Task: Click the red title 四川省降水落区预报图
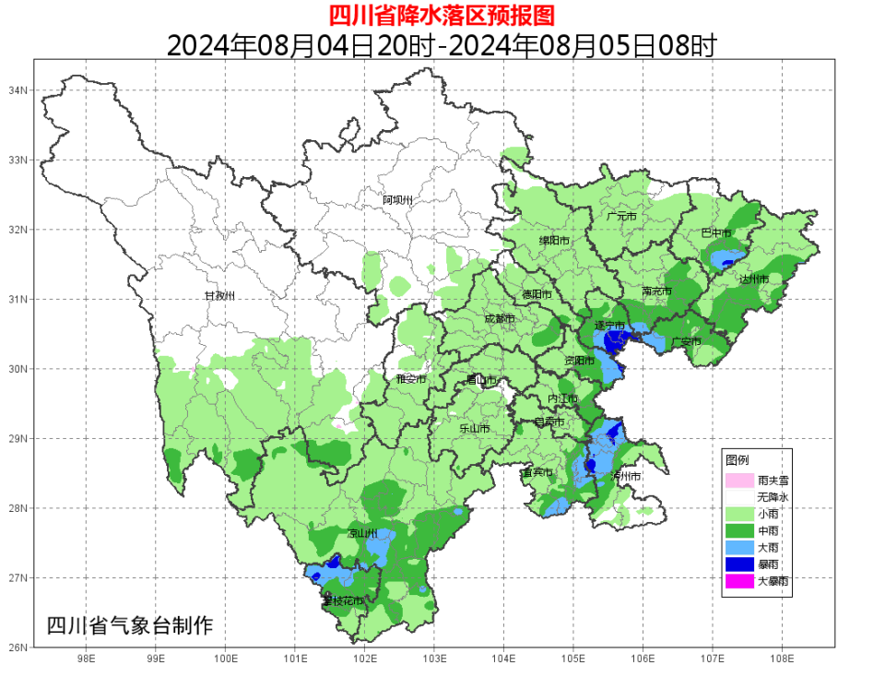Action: pos(442,15)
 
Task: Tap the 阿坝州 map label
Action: pos(398,199)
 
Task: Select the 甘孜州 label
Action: pos(219,295)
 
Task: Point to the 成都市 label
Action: pos(500,318)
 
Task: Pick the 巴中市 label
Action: pos(715,232)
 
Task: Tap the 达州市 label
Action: pos(753,278)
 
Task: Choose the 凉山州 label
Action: pos(361,533)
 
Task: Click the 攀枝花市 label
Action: pos(342,600)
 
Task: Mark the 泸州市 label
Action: pos(625,476)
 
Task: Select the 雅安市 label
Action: pos(410,378)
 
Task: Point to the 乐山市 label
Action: pos(474,428)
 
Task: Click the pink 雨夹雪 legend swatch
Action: pos(739,480)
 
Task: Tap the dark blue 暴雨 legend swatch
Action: pos(739,564)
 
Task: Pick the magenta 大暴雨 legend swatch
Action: pos(739,581)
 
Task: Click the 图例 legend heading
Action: pos(737,459)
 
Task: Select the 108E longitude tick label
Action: pos(782,659)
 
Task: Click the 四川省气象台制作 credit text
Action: pos(129,624)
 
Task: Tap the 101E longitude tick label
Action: pos(295,659)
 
